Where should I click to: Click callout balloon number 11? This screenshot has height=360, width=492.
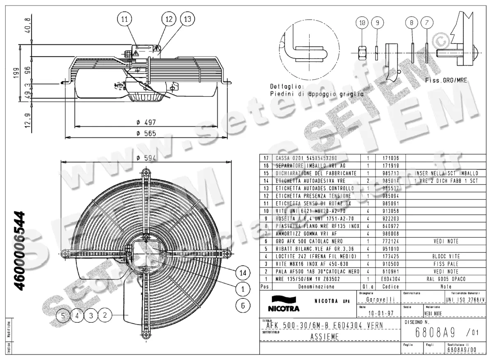tap(125, 19)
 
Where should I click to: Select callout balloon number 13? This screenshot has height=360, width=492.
tap(187, 19)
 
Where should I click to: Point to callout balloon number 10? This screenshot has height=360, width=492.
tap(362, 23)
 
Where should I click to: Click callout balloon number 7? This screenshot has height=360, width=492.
tap(427, 23)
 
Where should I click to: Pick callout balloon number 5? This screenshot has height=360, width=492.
tap(63, 315)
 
